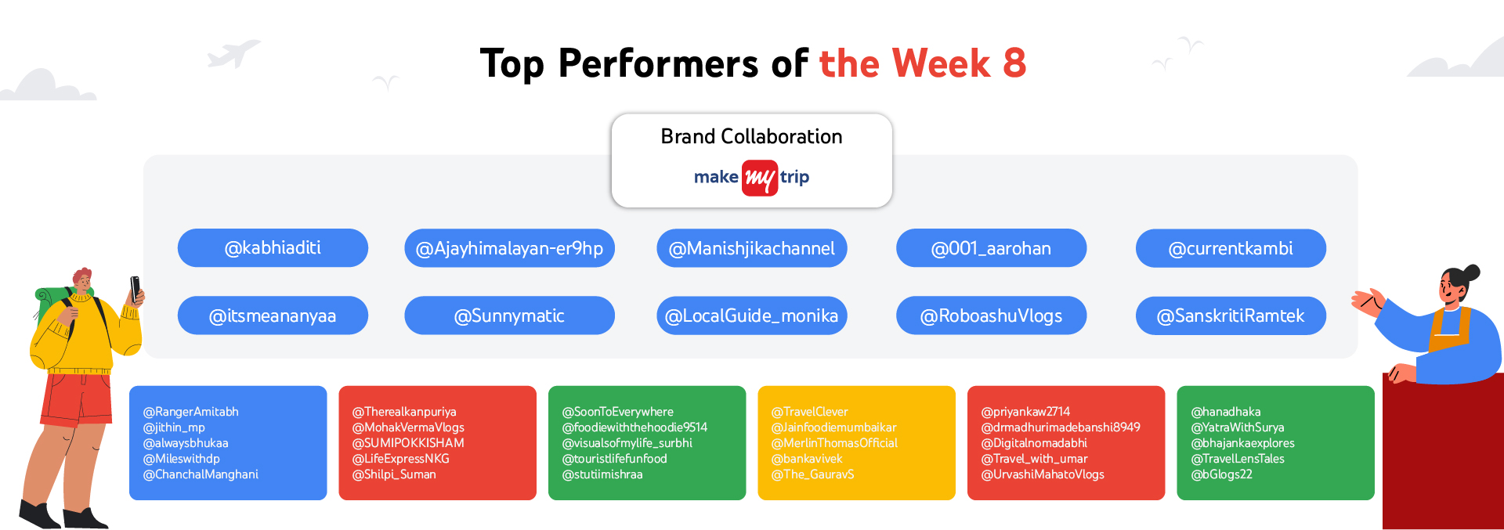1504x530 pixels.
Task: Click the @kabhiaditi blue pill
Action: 273,248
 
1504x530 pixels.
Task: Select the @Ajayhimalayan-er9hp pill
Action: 509,248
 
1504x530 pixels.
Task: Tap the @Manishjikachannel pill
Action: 752,248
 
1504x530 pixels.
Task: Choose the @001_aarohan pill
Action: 991,248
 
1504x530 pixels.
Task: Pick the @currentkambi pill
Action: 1231,248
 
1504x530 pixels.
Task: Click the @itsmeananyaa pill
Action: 273,315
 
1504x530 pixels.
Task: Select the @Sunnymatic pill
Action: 509,315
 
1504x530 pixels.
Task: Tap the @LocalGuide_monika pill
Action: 752,315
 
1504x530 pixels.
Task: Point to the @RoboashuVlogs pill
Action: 991,315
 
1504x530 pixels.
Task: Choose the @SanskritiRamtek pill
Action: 1231,315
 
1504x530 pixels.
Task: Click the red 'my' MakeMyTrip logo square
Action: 760,178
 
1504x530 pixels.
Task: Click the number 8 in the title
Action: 1014,63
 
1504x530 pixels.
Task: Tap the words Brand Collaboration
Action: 752,136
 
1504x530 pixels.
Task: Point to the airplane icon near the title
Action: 233,54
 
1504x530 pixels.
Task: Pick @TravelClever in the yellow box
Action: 810,412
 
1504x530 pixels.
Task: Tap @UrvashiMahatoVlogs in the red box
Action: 1043,474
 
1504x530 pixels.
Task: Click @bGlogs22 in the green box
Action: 1221,474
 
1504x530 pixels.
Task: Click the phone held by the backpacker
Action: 135,288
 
